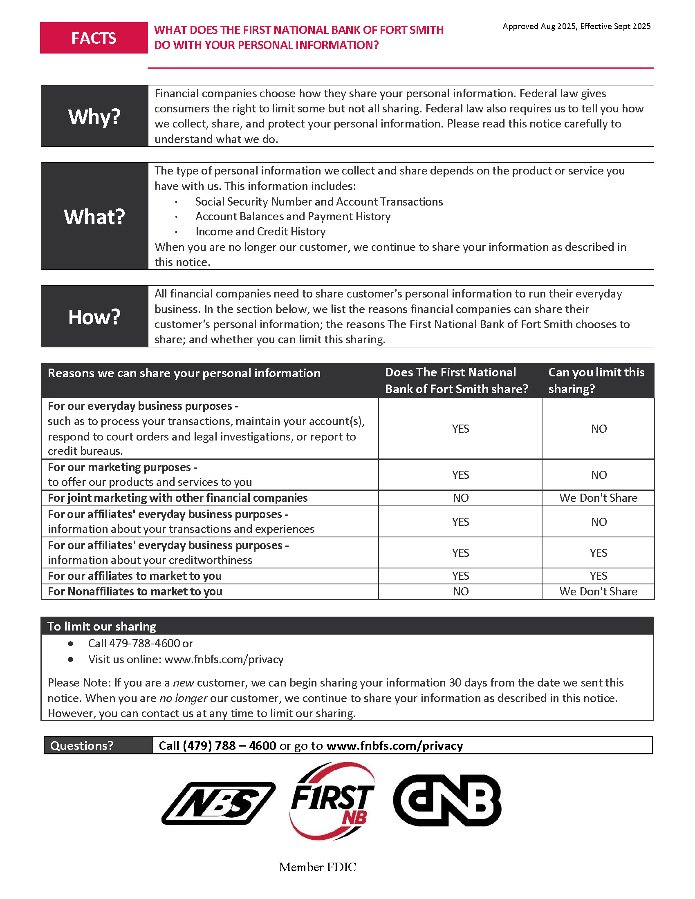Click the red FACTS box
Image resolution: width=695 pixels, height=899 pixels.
pyautogui.click(x=94, y=38)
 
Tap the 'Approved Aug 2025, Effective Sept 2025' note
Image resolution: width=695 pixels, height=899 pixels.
pyautogui.click(x=576, y=26)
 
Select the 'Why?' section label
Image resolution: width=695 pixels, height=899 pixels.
pyautogui.click(x=94, y=116)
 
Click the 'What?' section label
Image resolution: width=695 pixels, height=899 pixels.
pyautogui.click(x=94, y=217)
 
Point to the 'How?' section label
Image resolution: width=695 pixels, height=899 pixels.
pyautogui.click(x=94, y=317)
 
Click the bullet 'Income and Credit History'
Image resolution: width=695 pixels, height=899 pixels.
pyautogui.click(x=260, y=232)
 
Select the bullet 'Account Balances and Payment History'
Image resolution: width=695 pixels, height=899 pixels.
pyautogui.click(x=293, y=217)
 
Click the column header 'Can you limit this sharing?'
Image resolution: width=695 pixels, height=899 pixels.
pyautogui.click(x=596, y=380)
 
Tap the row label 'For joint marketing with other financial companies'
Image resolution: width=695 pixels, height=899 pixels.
pyautogui.click(x=177, y=498)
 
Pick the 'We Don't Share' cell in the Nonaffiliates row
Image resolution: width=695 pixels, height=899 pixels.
pyautogui.click(x=598, y=592)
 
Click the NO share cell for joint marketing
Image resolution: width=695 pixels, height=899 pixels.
pyautogui.click(x=460, y=498)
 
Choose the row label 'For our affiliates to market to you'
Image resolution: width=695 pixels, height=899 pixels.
pyautogui.click(x=135, y=576)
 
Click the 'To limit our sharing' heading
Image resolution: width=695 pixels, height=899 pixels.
pyautogui.click(x=101, y=626)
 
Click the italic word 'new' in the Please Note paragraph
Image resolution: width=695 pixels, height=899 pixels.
pyautogui.click(x=183, y=683)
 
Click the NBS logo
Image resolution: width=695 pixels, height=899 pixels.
pyautogui.click(x=219, y=803)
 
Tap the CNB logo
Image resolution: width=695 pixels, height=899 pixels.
pyautogui.click(x=447, y=801)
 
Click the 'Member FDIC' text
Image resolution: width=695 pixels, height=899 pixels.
pyautogui.click(x=317, y=867)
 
